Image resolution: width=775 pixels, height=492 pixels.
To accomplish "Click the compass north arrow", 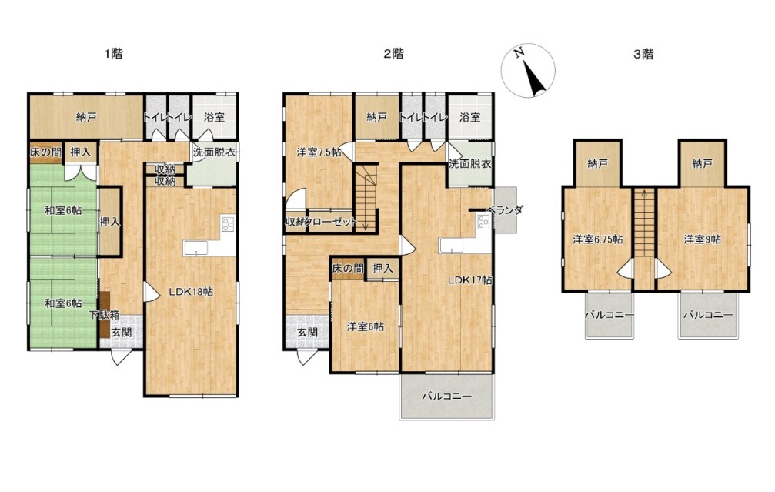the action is coord(534,78).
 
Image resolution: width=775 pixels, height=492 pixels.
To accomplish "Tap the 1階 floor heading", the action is coord(114,53).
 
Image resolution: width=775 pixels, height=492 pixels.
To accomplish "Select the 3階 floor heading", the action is coord(643,54).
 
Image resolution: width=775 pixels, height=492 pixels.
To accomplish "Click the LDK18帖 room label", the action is coord(191,292).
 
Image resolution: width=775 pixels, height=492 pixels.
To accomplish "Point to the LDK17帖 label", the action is coord(469,279).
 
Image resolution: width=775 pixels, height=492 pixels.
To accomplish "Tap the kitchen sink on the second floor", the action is coord(451,246).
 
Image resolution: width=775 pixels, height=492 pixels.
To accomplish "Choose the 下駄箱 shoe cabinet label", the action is coord(105,314).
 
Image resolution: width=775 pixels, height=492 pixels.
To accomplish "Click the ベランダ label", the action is coord(504,209).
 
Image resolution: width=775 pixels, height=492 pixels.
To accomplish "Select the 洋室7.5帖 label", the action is coord(319,152).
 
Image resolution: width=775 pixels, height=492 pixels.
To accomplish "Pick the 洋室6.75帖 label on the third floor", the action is coord(597,239).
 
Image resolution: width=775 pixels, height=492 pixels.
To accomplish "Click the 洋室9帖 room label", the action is coord(703,239).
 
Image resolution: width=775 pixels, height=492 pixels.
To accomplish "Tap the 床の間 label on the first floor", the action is coord(45,152).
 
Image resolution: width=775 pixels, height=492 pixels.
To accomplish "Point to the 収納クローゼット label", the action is coord(321,222).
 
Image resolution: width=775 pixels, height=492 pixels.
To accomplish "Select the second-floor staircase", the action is coord(366,198).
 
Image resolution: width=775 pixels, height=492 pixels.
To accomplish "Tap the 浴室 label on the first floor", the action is coord(215,117).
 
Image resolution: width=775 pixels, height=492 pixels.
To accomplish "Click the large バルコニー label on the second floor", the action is coord(447,396).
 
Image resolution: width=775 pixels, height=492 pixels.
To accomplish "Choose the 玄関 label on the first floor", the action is coord(121,333).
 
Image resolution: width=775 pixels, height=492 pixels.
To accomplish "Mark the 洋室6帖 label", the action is coord(366,326).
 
